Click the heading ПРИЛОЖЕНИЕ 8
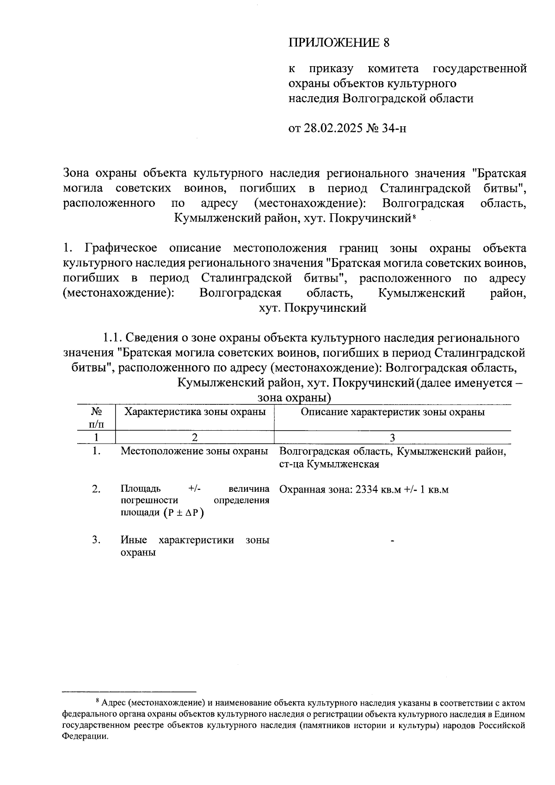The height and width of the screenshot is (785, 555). (339, 43)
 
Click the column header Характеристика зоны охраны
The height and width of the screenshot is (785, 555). (195, 412)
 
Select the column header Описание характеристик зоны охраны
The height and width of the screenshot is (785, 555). (393, 412)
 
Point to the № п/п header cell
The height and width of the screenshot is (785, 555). (96, 417)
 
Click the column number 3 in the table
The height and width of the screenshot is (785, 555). (393, 438)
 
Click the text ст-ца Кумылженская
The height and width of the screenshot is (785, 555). (329, 464)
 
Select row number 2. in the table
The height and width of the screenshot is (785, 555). (96, 489)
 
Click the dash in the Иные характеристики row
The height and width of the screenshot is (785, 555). (393, 540)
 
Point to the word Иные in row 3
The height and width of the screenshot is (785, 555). (134, 540)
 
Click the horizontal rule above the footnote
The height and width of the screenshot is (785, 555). (129, 692)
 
